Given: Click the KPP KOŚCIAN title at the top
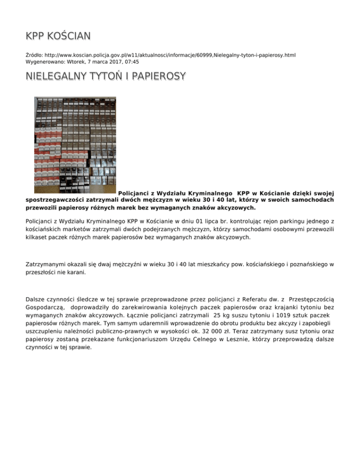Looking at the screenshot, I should tap(58, 36).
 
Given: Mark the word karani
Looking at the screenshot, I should tap(75, 272).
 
